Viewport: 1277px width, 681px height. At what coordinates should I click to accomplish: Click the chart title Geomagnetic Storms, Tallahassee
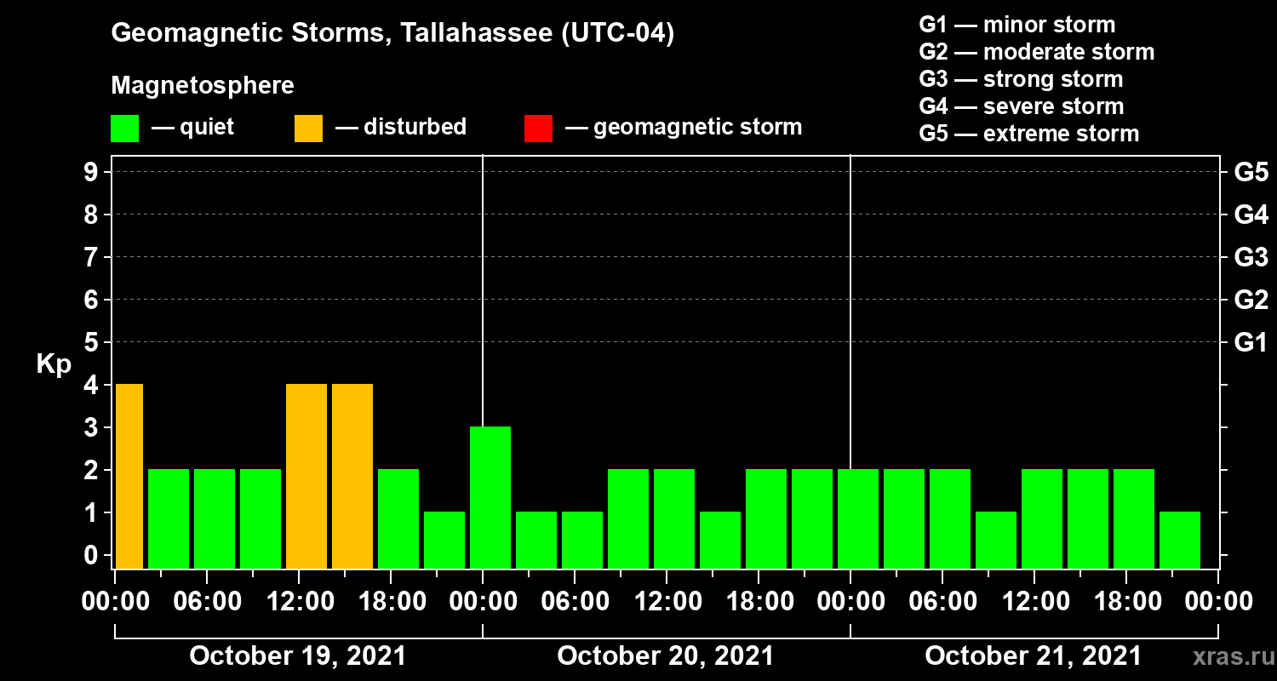coord(392,34)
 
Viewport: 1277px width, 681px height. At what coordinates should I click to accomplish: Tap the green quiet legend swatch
coord(124,129)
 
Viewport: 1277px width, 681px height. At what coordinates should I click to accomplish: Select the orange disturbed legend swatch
coord(308,129)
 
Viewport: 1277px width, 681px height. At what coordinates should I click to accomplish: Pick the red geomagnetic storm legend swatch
coord(538,129)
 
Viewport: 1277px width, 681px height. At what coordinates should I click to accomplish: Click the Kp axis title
coord(54,364)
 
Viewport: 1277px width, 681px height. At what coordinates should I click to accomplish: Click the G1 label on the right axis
coord(1251,343)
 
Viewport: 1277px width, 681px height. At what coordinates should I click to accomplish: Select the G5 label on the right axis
coord(1251,173)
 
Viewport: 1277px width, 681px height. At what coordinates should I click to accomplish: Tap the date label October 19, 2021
coord(298,656)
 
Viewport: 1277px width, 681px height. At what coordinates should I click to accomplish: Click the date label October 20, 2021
coord(666,656)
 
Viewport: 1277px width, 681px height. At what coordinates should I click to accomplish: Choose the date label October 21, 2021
coord(1033,656)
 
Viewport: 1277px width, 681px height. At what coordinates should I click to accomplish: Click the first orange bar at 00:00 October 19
coord(129,476)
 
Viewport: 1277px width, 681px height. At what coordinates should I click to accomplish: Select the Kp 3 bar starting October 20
coord(490,497)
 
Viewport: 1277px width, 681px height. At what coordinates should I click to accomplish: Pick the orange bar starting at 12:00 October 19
coord(306,476)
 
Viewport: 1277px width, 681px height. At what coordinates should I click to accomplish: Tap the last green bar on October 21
coord(1179,540)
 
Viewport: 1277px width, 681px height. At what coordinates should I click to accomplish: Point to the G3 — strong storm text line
coord(1021,79)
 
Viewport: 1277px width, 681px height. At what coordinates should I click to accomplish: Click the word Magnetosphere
coord(203,86)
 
